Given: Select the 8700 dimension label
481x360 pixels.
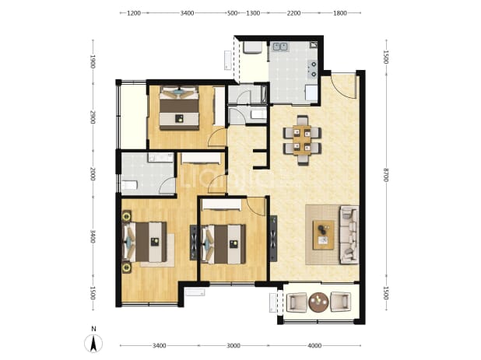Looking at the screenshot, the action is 386,174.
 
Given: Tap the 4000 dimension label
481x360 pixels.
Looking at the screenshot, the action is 314,345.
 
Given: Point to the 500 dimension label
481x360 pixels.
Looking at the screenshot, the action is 233,13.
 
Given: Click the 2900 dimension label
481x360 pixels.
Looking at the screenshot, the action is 93,117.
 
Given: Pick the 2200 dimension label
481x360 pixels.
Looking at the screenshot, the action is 293,13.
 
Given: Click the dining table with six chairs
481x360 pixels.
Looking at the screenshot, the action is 303,140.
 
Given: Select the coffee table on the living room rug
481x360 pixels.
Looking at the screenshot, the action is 324,234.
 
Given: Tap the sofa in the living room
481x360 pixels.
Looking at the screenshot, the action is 349,235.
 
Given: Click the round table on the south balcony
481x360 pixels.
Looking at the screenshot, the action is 318,302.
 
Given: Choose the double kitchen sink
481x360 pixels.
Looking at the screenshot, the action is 280,47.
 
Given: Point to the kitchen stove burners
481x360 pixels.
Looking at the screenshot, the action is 313,69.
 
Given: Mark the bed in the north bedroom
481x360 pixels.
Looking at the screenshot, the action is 179,108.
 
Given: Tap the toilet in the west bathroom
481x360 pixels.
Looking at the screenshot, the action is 129,185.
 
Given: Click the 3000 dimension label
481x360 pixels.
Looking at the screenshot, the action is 233,345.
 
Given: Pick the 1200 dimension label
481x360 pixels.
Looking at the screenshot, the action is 134,13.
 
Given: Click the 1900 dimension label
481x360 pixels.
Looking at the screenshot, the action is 93,61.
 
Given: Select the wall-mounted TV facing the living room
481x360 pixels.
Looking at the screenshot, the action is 273,239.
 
